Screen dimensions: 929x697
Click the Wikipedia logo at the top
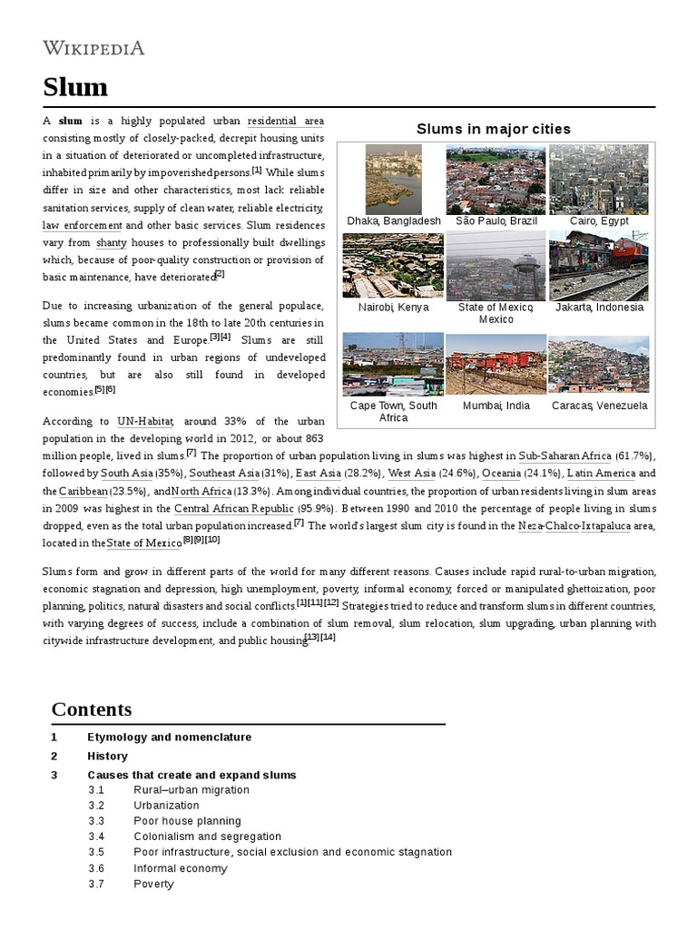(93, 48)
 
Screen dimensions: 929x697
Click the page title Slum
(75, 87)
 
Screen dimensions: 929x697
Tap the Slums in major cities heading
(494, 129)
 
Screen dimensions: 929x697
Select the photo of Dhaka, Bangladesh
(393, 179)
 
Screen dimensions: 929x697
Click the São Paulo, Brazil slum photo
(496, 179)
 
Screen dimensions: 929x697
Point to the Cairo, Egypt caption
(598, 221)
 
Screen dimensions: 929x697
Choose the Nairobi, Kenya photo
(393, 265)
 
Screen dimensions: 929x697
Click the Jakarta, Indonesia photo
(598, 265)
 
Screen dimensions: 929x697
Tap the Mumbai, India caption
(496, 406)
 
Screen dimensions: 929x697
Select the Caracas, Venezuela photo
(598, 364)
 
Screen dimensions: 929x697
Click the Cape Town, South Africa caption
(393, 412)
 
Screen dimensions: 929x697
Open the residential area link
(285, 121)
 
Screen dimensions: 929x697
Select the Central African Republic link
(234, 509)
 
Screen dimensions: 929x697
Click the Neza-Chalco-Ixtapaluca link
(574, 526)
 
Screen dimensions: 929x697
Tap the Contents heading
(92, 709)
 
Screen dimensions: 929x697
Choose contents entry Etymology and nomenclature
(169, 737)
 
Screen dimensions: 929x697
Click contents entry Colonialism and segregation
(207, 836)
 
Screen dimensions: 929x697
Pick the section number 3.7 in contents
(97, 884)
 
